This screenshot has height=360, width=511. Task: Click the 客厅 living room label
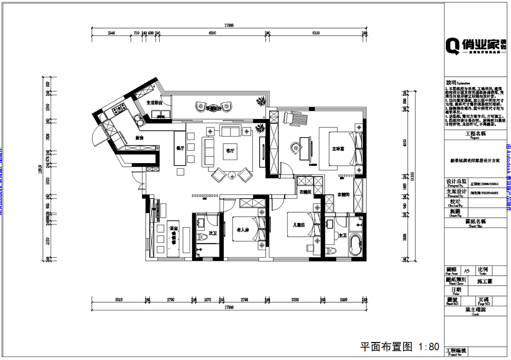[229, 151]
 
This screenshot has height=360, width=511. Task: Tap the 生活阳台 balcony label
[154, 103]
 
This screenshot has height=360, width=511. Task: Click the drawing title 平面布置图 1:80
[400, 346]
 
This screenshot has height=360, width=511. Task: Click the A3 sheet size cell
[466, 271]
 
